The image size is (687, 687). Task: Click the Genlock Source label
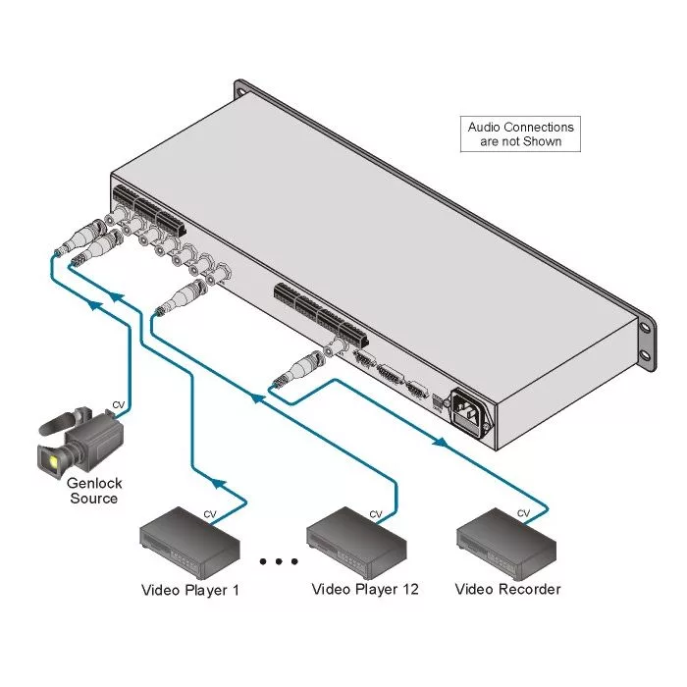[x=94, y=491]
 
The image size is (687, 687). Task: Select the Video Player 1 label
[x=190, y=590]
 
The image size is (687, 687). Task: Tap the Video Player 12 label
[x=365, y=589]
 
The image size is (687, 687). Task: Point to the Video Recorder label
[x=507, y=589]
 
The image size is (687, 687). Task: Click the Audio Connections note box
[x=520, y=134]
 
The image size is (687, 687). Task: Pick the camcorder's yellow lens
[x=54, y=461]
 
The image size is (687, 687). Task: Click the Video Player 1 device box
[x=189, y=543]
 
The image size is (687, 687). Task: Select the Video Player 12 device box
[x=356, y=543]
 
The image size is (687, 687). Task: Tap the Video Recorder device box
[x=506, y=543]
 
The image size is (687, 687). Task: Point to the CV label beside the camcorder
[x=119, y=404]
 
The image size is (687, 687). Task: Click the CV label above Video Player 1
[x=210, y=514]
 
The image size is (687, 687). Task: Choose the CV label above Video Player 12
[x=376, y=514]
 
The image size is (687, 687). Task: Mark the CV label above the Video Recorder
[x=523, y=513]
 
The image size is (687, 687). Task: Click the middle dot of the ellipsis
[x=279, y=561]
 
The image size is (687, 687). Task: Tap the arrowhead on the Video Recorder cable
[x=441, y=443]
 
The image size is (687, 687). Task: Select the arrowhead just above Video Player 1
[x=218, y=483]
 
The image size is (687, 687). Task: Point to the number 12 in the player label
[x=410, y=589]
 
